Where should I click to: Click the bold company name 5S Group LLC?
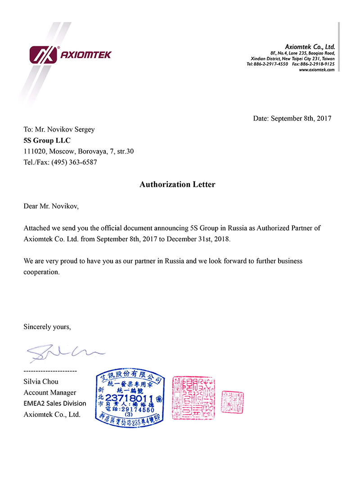(x=47, y=140)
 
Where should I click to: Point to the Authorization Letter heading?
(x=177, y=185)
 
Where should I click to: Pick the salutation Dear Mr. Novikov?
(x=51, y=207)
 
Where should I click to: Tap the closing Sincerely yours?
(x=47, y=327)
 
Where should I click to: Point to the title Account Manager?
(x=50, y=393)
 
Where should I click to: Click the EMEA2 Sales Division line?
(x=54, y=403)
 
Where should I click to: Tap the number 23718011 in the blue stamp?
(x=129, y=398)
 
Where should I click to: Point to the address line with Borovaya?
(x=78, y=151)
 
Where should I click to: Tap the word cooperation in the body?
(x=41, y=272)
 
